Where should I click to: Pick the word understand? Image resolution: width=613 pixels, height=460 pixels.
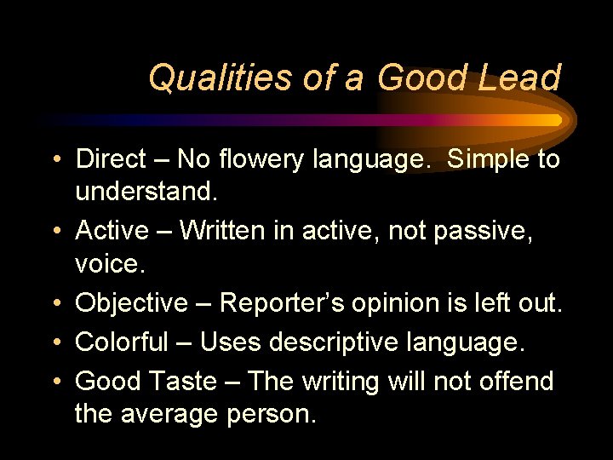tap(146, 192)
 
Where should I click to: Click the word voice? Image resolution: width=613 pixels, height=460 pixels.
tap(111, 263)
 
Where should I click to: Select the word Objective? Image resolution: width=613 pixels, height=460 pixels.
tap(131, 302)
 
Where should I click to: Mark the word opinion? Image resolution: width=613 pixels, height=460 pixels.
tap(398, 302)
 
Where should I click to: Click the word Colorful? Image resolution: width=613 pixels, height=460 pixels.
tap(122, 342)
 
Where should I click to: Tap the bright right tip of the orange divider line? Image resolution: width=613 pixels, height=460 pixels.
tap(557, 120)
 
